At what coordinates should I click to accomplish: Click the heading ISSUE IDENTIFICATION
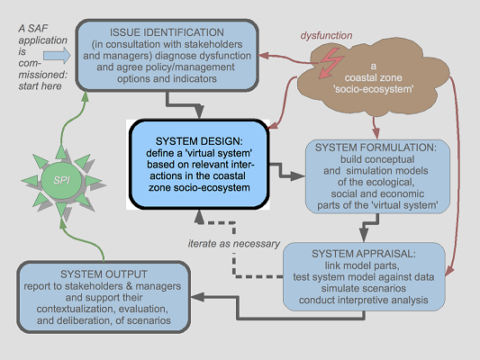point(167,32)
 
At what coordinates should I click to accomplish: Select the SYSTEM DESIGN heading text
point(199,141)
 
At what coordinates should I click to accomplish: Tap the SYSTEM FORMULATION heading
point(376,148)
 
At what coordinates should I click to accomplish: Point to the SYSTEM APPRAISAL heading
point(364,254)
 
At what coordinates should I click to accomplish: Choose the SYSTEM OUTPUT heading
point(104,274)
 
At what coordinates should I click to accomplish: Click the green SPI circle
point(61,181)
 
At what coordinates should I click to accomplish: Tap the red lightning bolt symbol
point(331,64)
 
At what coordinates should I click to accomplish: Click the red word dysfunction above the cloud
point(326,35)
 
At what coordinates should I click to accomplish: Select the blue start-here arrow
point(57,56)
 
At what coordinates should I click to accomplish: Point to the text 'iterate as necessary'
point(234,244)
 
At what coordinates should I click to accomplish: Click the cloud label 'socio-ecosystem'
point(374,89)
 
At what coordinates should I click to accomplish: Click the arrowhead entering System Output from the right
point(197,297)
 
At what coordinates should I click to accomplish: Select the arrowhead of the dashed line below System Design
point(199,217)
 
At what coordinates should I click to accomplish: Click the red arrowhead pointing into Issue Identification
point(264,56)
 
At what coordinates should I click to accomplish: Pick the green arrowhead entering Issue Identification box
point(85,96)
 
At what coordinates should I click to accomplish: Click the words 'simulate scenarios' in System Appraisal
point(364,288)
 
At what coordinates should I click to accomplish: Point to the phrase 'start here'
point(40,85)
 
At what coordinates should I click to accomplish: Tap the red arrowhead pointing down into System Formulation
point(376,134)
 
